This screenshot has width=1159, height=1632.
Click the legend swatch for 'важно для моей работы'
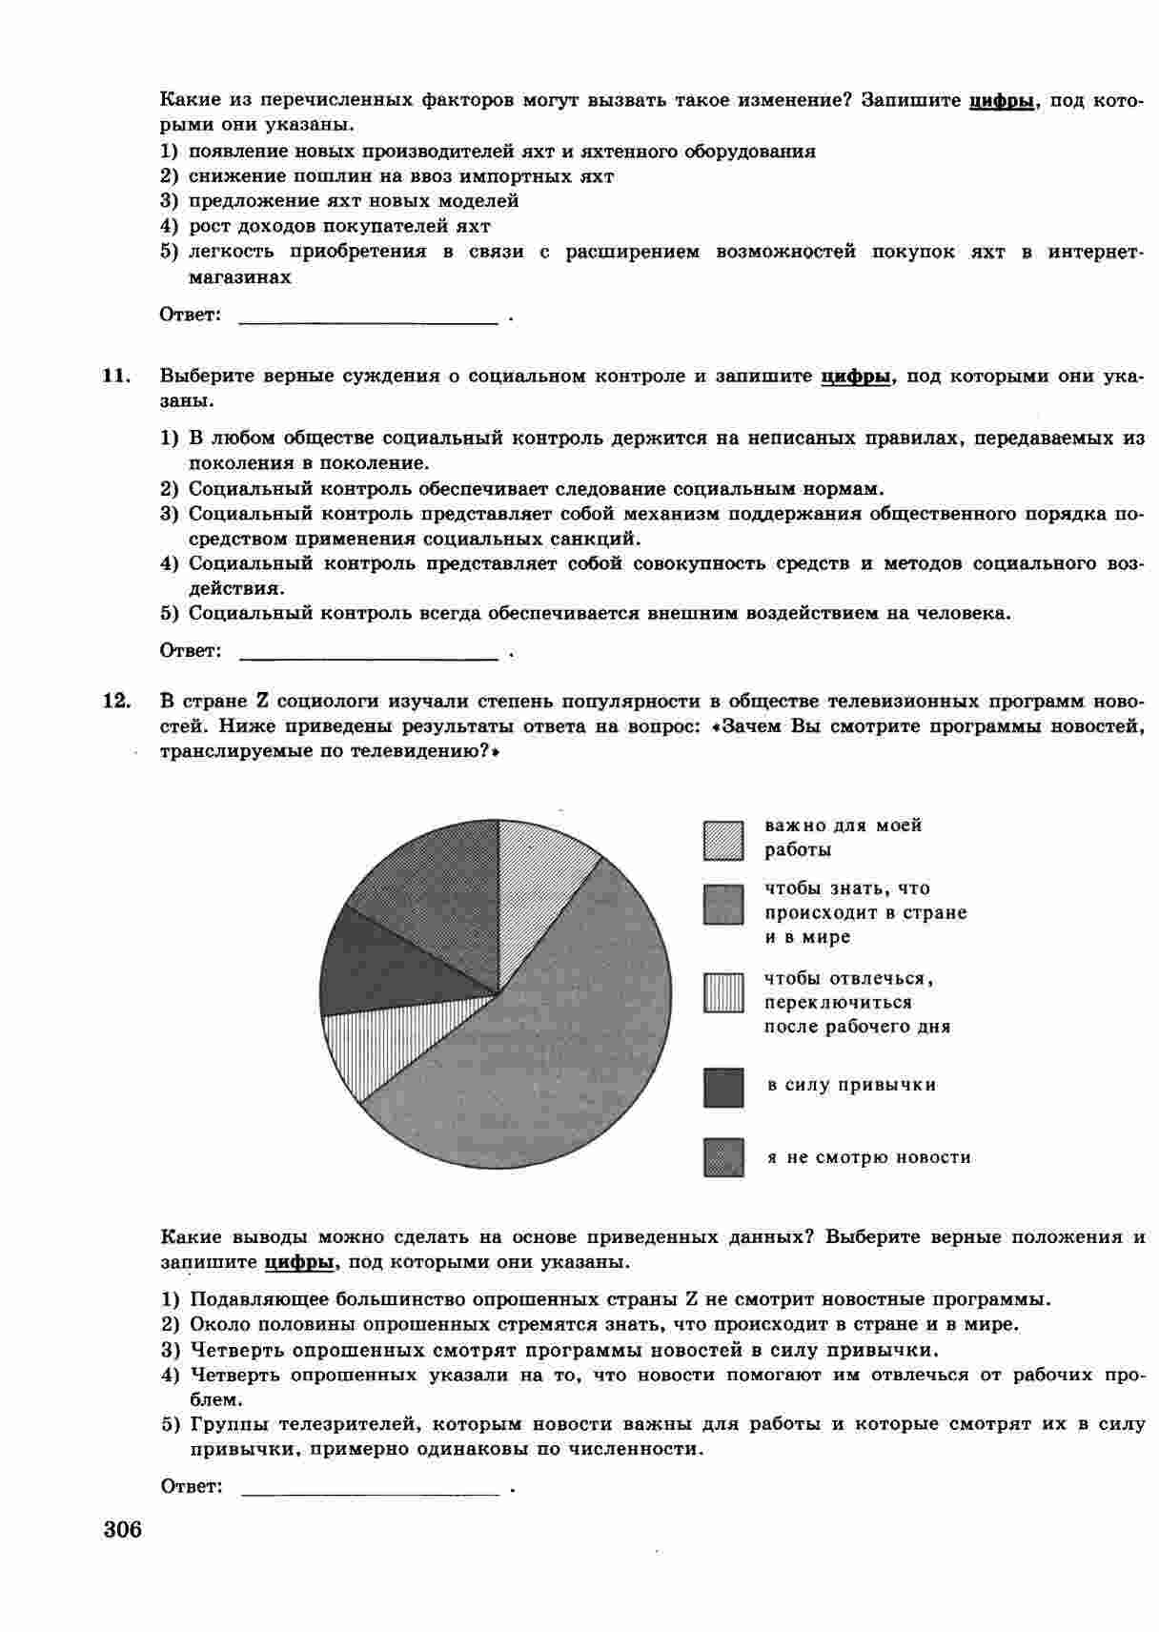click(723, 840)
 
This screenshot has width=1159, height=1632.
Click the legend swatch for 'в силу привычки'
click(723, 1088)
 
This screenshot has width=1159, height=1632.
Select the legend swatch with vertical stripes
click(723, 992)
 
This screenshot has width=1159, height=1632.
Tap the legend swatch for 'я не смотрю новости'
click(723, 1157)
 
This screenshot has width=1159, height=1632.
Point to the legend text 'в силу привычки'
click(851, 1085)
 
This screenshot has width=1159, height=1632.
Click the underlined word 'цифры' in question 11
click(855, 377)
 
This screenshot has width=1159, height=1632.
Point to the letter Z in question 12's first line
click(261, 702)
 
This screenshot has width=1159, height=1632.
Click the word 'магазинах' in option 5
click(240, 277)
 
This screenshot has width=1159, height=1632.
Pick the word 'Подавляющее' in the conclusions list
click(248, 1299)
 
